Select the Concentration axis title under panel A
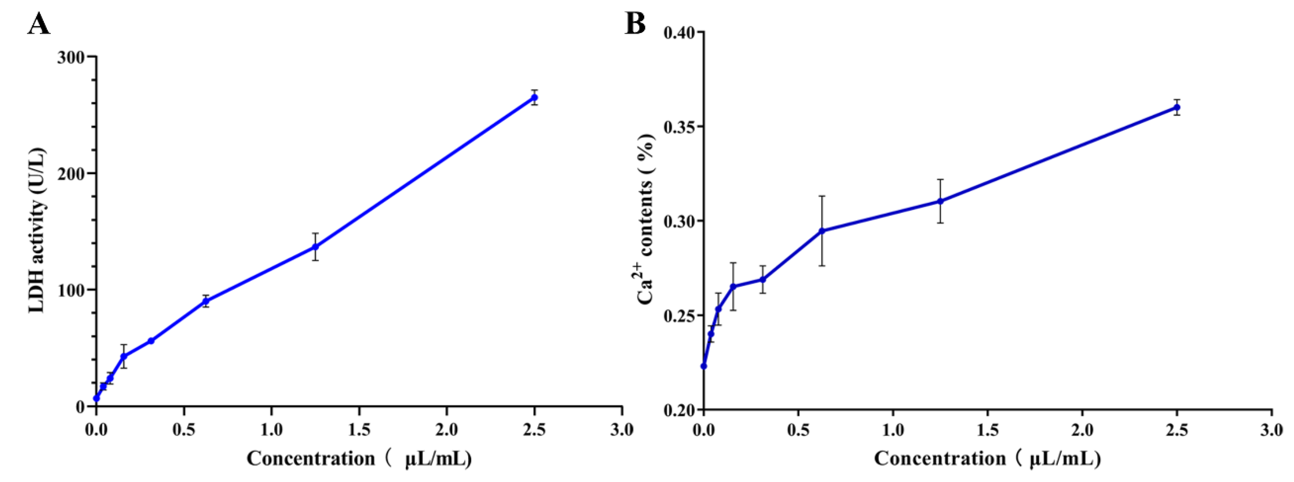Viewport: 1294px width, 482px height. pyautogui.click(x=359, y=458)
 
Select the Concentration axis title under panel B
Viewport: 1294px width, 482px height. pyautogui.click(x=987, y=458)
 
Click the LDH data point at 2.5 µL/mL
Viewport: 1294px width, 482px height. pyautogui.click(x=534, y=97)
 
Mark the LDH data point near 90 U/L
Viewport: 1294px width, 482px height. pyautogui.click(x=205, y=301)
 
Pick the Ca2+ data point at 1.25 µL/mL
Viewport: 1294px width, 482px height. pyautogui.click(x=940, y=201)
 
